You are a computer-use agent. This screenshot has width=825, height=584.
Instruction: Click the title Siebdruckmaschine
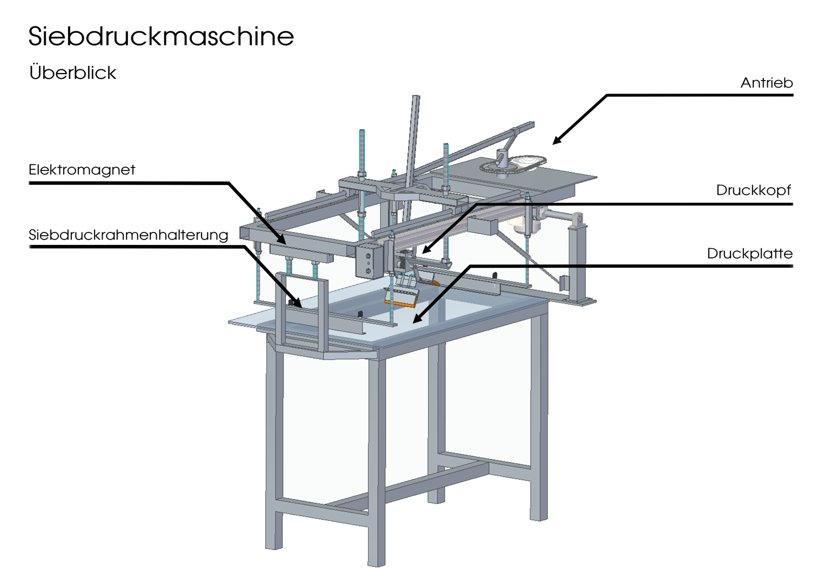click(x=161, y=36)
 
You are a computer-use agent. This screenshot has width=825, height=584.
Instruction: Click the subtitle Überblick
click(x=72, y=72)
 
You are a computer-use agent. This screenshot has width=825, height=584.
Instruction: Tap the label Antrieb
click(x=766, y=83)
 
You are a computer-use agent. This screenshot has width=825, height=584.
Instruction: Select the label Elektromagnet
click(x=82, y=170)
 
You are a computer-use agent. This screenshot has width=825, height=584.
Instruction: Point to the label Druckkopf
click(x=753, y=190)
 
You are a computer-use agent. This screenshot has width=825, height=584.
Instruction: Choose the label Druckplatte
click(x=749, y=254)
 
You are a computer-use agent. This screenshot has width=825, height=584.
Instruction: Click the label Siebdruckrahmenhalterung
click(x=128, y=235)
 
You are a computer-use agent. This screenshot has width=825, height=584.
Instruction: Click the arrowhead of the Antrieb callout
click(x=555, y=142)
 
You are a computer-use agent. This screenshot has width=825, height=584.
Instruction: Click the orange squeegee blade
click(x=403, y=303)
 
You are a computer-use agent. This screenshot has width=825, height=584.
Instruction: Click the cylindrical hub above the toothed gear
click(x=504, y=158)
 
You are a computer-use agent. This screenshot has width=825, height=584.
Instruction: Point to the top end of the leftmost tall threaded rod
click(x=361, y=132)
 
